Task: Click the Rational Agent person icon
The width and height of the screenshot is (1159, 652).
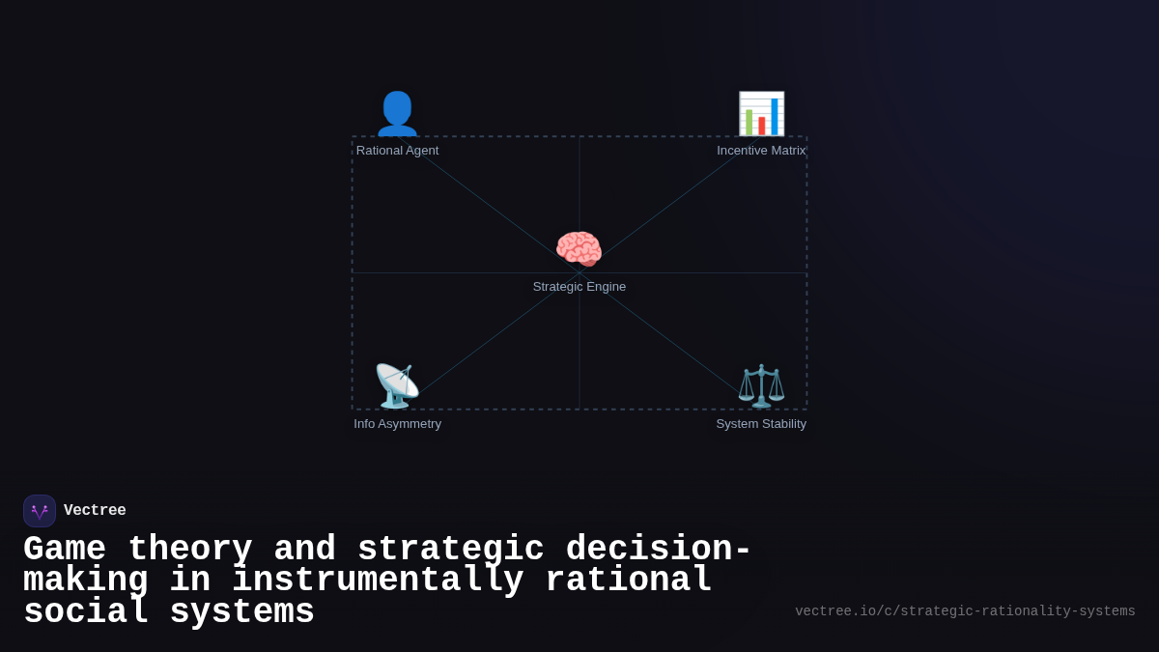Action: pyautogui.click(x=397, y=114)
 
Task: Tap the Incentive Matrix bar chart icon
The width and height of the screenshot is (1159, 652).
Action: pyautogui.click(x=761, y=114)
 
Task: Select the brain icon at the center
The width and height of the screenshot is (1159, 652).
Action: pyautogui.click(x=579, y=249)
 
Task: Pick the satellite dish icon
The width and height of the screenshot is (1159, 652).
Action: pyautogui.click(x=397, y=386)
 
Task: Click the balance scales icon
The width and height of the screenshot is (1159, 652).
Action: pyautogui.click(x=761, y=386)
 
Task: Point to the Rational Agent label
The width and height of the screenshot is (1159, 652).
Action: pyautogui.click(x=397, y=151)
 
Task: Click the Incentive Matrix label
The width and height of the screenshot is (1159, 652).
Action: pyautogui.click(x=761, y=151)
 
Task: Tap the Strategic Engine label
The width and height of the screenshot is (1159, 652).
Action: pyautogui.click(x=579, y=287)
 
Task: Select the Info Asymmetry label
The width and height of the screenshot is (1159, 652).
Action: pyautogui.click(x=397, y=424)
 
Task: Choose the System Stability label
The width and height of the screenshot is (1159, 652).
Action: pyautogui.click(x=761, y=424)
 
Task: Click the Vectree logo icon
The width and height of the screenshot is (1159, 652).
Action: pyautogui.click(x=40, y=511)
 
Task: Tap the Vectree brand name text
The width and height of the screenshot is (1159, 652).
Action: pyautogui.click(x=95, y=511)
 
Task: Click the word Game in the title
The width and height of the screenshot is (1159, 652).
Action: pyautogui.click(x=64, y=550)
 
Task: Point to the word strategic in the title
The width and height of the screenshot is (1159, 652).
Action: pyautogui.click(x=451, y=550)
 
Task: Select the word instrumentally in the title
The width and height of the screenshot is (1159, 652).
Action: pyautogui.click(x=378, y=581)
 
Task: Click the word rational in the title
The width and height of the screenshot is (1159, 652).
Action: pyautogui.click(x=629, y=581)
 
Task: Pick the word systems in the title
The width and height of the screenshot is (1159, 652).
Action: pyautogui.click(x=241, y=612)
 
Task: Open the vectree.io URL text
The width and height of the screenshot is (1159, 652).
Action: pyautogui.click(x=965, y=611)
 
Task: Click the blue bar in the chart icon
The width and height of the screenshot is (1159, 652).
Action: pyautogui.click(x=775, y=116)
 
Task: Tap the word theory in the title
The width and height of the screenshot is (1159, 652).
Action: pyautogui.click(x=189, y=550)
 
